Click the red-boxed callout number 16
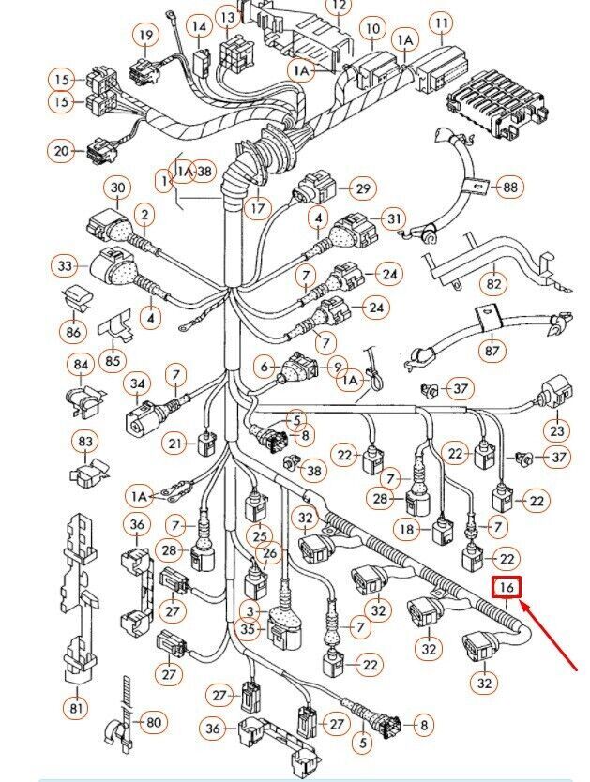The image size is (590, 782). coord(507,588)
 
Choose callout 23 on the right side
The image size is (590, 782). coord(559,430)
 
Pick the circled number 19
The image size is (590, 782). coord(145,37)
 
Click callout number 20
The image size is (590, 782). coord(62,150)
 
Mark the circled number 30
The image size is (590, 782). coord(117,188)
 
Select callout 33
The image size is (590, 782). coord(65,267)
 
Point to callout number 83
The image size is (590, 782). coord(86,441)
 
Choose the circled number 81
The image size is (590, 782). coord(75,706)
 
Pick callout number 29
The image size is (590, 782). coord(361,188)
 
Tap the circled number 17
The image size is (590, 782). coord(257,208)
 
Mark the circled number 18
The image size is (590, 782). coord(406,530)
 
